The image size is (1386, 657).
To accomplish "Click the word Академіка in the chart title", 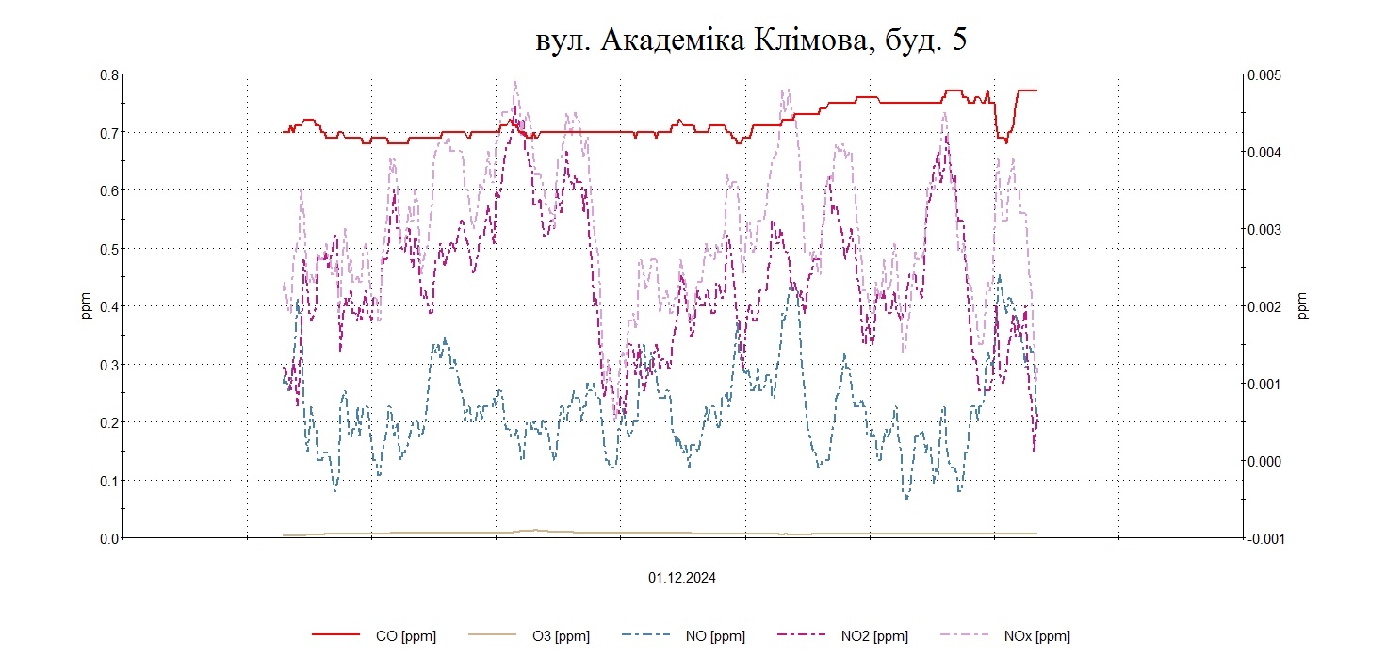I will pos(670,41).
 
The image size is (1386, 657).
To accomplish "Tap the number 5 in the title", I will pos(958,41).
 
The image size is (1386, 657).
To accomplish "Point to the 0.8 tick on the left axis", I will pos(110,74).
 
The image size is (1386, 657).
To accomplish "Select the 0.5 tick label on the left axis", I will pos(110,249).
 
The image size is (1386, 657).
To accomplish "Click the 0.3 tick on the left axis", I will pos(110,365).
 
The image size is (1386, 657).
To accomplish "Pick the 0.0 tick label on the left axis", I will pos(110,538).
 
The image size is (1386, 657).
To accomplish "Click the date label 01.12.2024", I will pos(681,578).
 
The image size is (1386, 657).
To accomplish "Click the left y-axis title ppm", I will pos(87,306).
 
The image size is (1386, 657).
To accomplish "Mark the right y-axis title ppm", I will pos(1303,306).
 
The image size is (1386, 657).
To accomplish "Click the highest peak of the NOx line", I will pos(514,82).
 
